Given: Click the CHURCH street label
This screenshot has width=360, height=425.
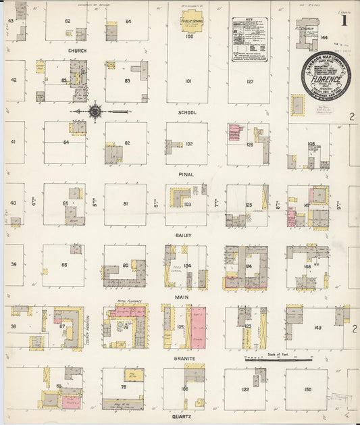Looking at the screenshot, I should tap(77, 51).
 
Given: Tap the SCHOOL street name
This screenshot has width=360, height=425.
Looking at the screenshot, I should tap(187, 112).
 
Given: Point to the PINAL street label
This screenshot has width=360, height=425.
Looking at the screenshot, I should tap(186, 174).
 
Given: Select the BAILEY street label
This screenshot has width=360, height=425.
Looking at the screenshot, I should tap(184, 234).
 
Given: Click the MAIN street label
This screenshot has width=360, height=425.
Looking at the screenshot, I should tap(182, 297).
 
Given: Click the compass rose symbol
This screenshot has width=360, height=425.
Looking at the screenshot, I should tap(95, 111).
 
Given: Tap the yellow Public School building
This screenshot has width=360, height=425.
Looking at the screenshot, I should tap(192, 20).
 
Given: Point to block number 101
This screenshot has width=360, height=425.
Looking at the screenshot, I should tap(188, 81).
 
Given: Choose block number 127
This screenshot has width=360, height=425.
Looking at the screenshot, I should tap(249, 81).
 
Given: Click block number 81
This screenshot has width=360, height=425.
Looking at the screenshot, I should tap(125, 203).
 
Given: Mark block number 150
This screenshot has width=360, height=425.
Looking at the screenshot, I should tap(308, 390).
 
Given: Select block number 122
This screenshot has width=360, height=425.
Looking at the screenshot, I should tap(246, 390).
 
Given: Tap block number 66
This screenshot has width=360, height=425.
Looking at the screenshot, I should tap(65, 265).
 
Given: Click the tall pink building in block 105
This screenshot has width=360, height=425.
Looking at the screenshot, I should tap(198, 327).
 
